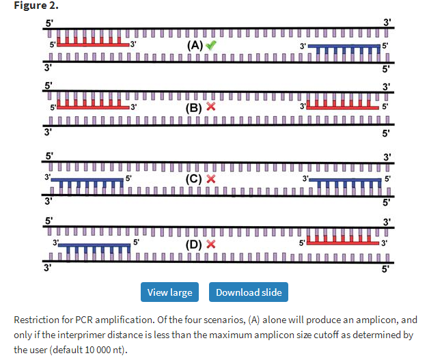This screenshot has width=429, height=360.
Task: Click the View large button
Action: (170, 292)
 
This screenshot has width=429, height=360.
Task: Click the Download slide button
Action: (249, 292)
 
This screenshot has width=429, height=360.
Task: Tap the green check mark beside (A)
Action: (212, 45)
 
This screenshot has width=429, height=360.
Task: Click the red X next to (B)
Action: (211, 107)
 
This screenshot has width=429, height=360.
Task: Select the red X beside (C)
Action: (211, 179)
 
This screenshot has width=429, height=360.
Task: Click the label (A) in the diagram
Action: (195, 45)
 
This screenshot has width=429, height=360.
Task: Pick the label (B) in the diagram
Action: (195, 107)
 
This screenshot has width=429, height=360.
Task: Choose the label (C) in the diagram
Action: (195, 179)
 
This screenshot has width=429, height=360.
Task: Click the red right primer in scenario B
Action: (342, 107)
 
